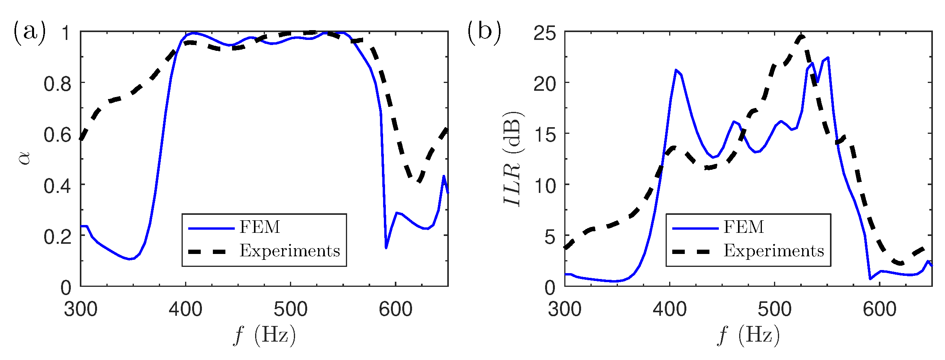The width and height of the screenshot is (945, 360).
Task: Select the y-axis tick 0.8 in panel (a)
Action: click(58, 84)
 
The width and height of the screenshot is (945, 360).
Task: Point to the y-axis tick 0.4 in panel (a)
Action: click(58, 186)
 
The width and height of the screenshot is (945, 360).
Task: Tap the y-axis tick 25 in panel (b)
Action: click(544, 33)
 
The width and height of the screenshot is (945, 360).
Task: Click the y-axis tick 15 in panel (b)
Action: click(544, 135)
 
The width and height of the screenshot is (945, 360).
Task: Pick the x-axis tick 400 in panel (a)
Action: click(185, 310)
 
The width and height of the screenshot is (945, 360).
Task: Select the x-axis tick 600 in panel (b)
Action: click(880, 310)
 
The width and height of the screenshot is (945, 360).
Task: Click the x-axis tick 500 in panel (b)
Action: click(774, 310)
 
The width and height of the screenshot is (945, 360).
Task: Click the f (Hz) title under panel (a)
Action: click(265, 335)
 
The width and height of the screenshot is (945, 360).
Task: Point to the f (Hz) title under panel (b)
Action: click(748, 335)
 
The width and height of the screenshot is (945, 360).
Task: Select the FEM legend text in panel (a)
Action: click(260, 227)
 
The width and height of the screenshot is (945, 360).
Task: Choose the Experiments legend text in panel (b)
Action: click(774, 251)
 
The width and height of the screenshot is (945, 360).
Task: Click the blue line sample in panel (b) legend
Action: click(695, 228)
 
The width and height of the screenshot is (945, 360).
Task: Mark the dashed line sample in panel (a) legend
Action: click(207, 252)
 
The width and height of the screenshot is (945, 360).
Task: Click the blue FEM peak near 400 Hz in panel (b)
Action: click(676, 70)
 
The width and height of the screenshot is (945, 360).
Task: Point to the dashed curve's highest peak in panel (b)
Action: click(801, 36)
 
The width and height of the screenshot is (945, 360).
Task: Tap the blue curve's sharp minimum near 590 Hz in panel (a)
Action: click(386, 248)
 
